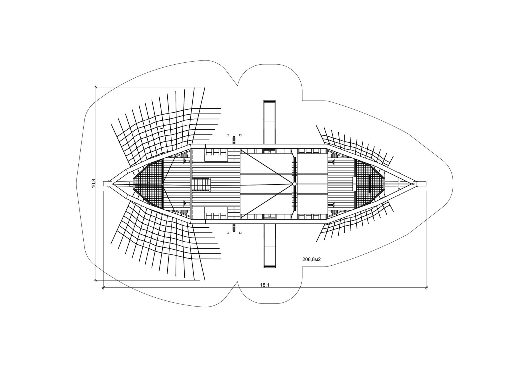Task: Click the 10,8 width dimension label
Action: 94,183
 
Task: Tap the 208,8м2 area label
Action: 312,259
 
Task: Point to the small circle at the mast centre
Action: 295,184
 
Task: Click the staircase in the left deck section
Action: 201,184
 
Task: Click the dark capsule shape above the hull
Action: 234,140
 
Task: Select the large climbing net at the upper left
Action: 166,122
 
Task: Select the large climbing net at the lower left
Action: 166,246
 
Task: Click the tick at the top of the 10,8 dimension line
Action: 96,87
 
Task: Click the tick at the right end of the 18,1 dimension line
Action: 426,288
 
